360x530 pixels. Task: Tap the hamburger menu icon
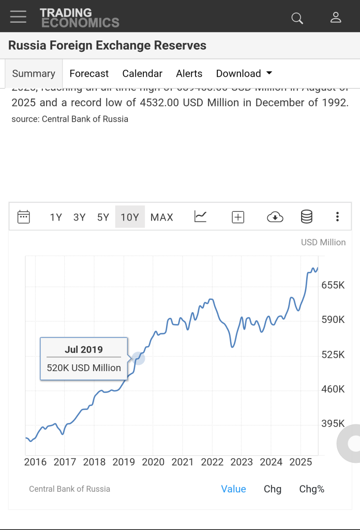tap(18, 17)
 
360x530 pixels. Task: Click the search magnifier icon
tap(297, 18)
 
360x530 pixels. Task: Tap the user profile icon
tap(336, 18)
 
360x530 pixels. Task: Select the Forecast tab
tap(89, 73)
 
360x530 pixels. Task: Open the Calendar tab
tap(142, 73)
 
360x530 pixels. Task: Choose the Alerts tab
tap(189, 73)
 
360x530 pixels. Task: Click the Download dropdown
tap(244, 73)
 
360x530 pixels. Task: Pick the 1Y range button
tap(56, 217)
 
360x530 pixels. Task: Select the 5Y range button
tap(103, 217)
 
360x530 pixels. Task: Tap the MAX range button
tap(162, 217)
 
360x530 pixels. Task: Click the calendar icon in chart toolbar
tap(24, 217)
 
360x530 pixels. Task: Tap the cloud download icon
tap(275, 217)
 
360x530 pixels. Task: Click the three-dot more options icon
tap(337, 217)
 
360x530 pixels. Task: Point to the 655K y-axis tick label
tap(333, 285)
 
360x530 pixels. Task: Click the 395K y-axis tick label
tap(333, 424)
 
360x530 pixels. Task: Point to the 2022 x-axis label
tap(212, 462)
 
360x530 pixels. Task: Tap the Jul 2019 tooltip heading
tap(84, 349)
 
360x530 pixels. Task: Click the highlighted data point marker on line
tap(138, 357)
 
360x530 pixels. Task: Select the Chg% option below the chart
tap(311, 489)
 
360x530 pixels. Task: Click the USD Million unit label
tap(323, 242)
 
